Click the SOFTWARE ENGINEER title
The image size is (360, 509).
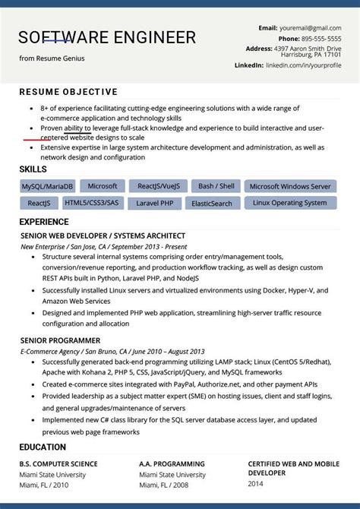tap(107, 37)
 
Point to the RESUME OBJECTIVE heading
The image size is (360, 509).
tap(68, 93)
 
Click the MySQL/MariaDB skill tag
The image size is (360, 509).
tap(47, 186)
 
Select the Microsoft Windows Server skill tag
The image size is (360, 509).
tap(290, 186)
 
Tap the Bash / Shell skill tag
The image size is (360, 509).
tap(216, 186)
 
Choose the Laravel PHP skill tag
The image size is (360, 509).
tap(155, 204)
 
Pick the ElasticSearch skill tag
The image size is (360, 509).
tap(212, 204)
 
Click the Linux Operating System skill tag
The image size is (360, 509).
tap(290, 204)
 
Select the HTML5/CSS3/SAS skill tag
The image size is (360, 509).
tap(92, 204)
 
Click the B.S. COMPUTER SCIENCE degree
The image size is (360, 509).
tap(58, 463)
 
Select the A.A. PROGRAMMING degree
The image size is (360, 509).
tap(172, 463)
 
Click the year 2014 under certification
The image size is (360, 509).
tap(257, 482)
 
